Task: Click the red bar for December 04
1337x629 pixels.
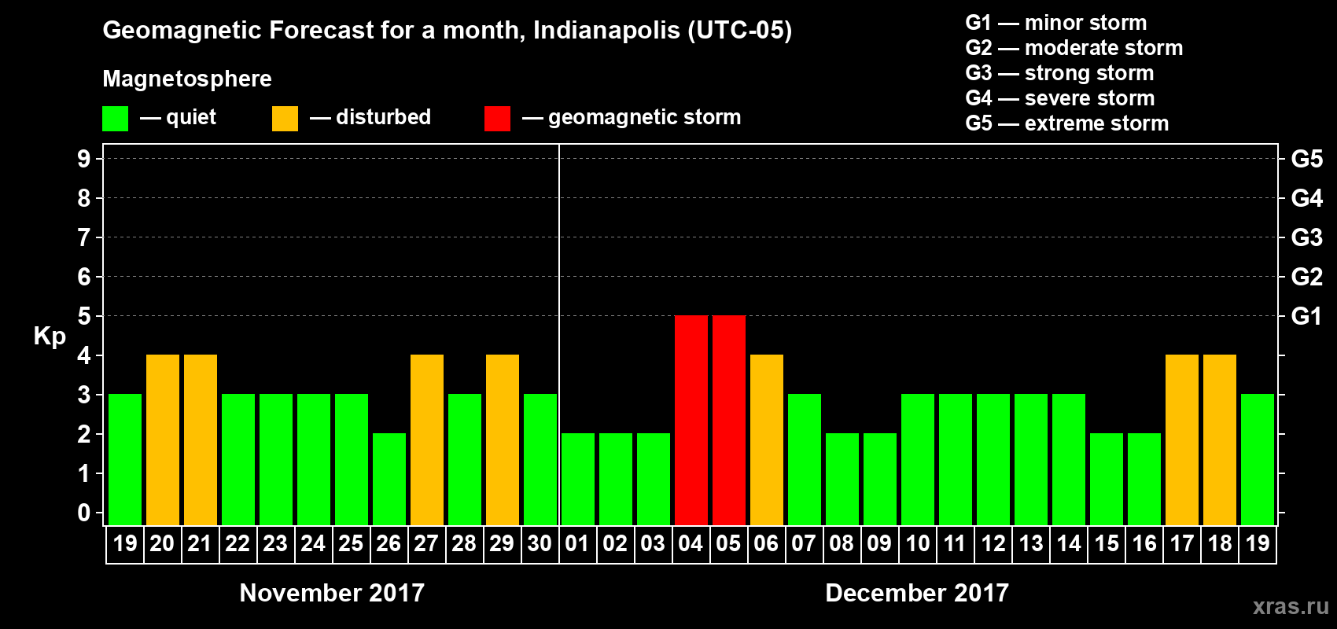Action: point(691,420)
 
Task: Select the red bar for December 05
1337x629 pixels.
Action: point(729,420)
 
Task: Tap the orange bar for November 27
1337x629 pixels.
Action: point(427,440)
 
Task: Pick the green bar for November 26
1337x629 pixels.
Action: point(389,479)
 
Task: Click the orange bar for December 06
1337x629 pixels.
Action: point(767,440)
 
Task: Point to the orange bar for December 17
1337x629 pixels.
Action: point(1182,440)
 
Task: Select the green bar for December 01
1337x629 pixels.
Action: point(578,479)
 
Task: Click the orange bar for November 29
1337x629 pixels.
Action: point(503,440)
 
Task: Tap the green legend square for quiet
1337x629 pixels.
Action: point(116,119)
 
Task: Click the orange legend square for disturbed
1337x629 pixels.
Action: point(285,119)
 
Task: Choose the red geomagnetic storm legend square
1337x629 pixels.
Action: point(497,119)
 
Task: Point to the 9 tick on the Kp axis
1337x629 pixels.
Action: point(84,159)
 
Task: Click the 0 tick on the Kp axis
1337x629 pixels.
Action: point(84,513)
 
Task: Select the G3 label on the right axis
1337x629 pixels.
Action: point(1306,237)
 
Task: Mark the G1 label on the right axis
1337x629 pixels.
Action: point(1306,316)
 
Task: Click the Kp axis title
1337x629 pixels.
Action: point(50,337)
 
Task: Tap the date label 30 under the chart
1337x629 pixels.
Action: point(540,543)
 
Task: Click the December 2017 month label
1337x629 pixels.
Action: point(917,593)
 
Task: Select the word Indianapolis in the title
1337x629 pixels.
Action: point(606,30)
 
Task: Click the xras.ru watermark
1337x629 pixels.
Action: point(1291,606)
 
